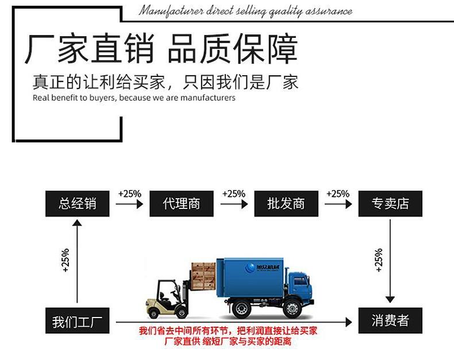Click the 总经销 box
pyautogui.click(x=77, y=203)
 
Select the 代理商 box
pyautogui.click(x=181, y=203)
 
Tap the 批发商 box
pyautogui.click(x=286, y=203)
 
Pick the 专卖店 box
pyautogui.click(x=390, y=203)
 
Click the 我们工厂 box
pyautogui.click(x=77, y=321)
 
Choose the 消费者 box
pyautogui.click(x=390, y=320)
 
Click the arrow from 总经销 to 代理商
pyautogui.click(x=129, y=204)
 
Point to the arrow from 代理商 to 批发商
pyautogui.click(x=233, y=204)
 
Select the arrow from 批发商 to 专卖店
pyautogui.click(x=338, y=204)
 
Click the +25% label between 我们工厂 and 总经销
pyautogui.click(x=65, y=260)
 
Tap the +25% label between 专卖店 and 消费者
pyautogui.click(x=378, y=260)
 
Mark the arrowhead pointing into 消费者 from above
pyautogui.click(x=390, y=299)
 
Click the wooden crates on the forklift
pyautogui.click(x=203, y=277)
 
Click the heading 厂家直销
pyautogui.click(x=89, y=49)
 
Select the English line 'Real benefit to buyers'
pyautogui.click(x=134, y=98)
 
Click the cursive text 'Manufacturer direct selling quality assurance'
pyautogui.click(x=245, y=11)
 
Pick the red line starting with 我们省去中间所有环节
pyautogui.click(x=228, y=331)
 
